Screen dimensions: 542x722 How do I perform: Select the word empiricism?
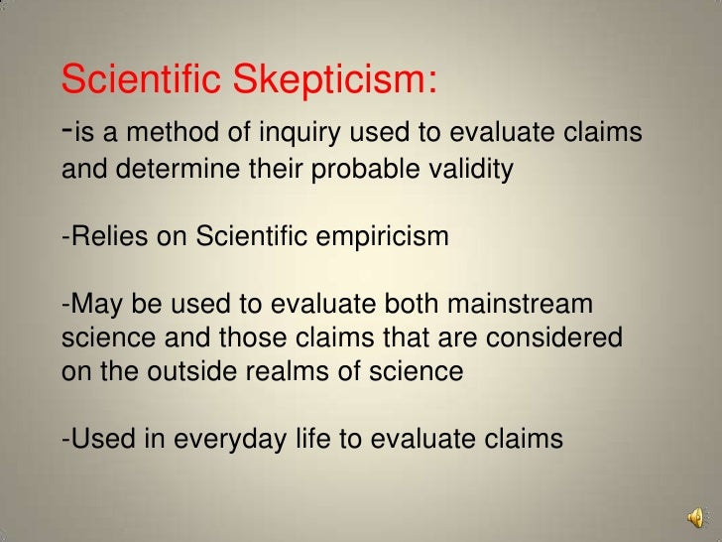coord(382,237)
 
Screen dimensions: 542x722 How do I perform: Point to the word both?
coord(389,304)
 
